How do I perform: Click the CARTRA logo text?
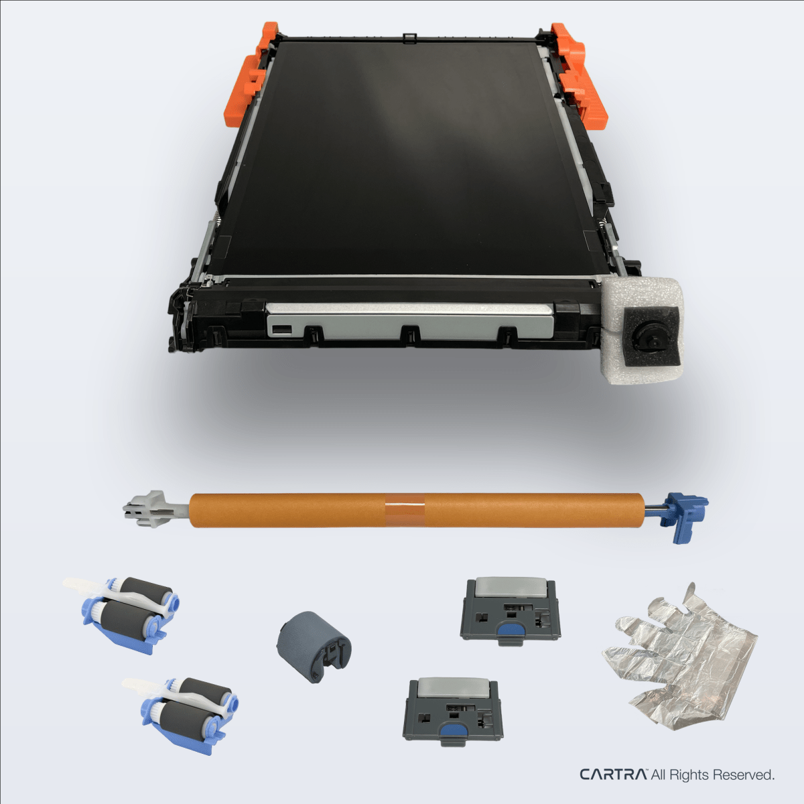[612, 775]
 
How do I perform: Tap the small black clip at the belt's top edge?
[409, 37]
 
